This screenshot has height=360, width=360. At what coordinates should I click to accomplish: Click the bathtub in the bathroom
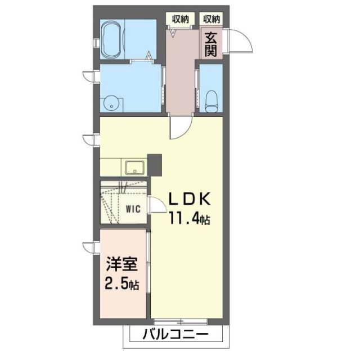point(111,39)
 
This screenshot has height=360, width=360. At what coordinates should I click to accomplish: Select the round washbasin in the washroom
point(112,102)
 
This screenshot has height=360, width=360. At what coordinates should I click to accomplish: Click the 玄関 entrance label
point(211,44)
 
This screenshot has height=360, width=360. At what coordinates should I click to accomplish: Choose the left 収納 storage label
point(180,19)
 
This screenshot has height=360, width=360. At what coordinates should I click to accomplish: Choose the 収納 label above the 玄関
point(211,19)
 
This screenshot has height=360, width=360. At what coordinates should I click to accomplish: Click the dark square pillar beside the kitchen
point(154,164)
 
